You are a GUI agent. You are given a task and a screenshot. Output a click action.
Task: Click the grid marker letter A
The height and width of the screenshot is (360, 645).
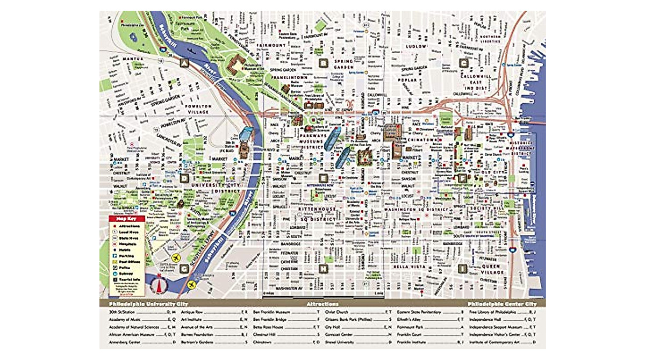[184, 63]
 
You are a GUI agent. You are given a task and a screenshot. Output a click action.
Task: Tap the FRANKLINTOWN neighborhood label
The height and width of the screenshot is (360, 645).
[289, 77]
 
